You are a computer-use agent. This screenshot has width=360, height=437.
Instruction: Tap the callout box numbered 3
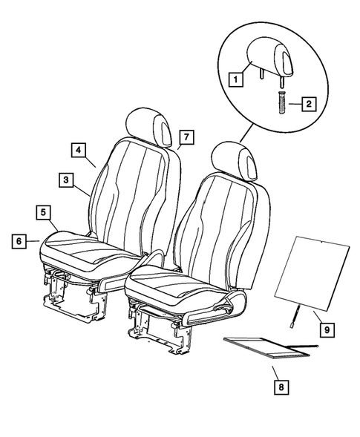(68, 179)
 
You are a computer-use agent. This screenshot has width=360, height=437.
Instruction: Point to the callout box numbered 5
(45, 213)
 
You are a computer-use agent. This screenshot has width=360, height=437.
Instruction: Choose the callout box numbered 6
(19, 240)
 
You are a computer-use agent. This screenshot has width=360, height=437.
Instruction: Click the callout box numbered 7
(187, 137)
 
